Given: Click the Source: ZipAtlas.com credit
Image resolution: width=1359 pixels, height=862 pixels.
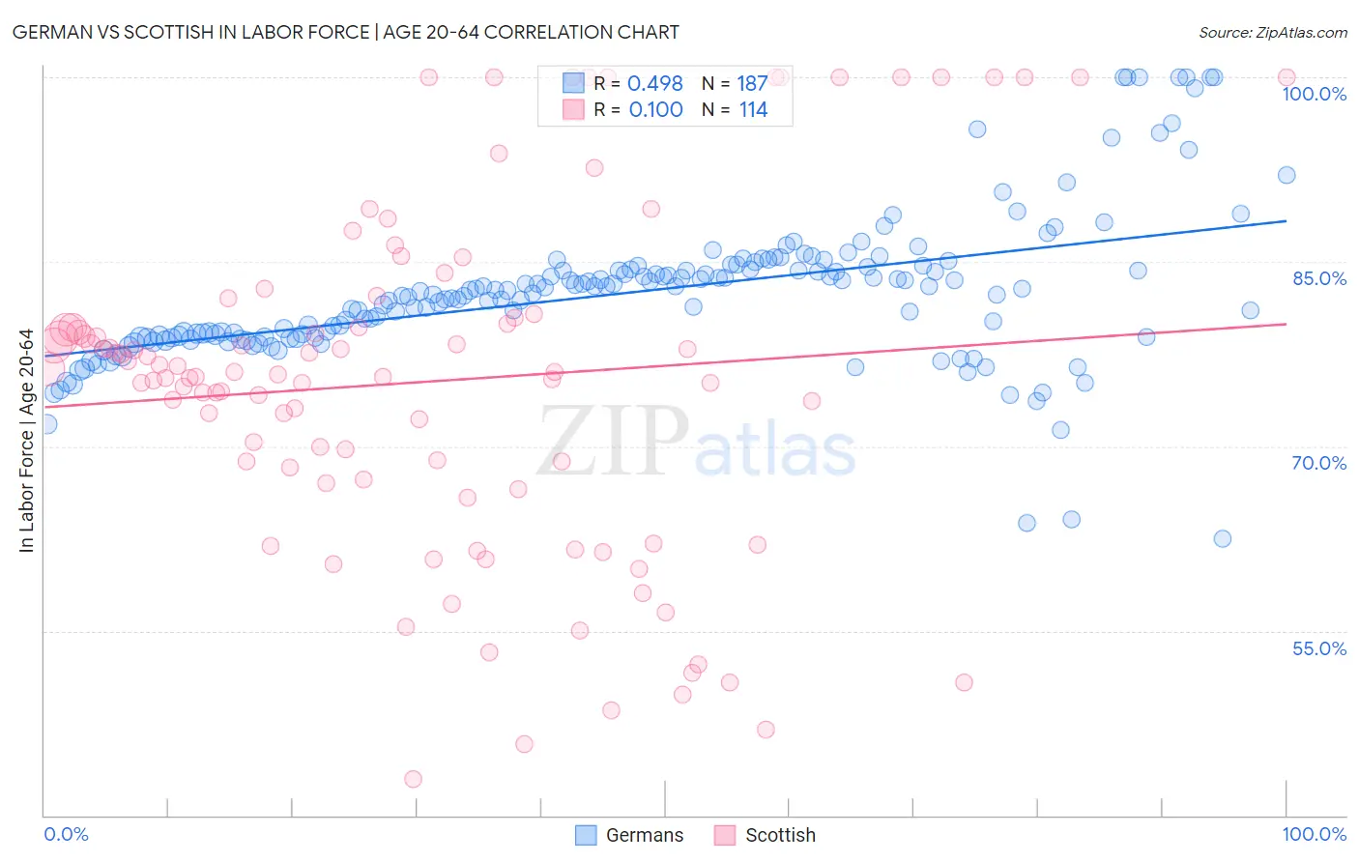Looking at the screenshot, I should (x=1272, y=32).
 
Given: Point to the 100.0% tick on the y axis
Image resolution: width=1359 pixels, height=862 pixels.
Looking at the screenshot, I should (x=1314, y=94).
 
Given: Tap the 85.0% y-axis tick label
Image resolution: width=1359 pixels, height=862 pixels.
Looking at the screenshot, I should (x=1318, y=278).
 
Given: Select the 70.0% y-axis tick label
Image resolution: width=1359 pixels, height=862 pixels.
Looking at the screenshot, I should (x=1318, y=463).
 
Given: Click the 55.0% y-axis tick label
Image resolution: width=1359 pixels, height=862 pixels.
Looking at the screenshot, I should (x=1318, y=648).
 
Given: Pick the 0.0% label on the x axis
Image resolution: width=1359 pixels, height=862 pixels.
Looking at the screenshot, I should (x=66, y=834).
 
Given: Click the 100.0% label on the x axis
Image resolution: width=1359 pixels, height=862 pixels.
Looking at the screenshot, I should (x=1314, y=834).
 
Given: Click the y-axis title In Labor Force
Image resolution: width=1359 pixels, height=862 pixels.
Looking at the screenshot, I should (x=26, y=441).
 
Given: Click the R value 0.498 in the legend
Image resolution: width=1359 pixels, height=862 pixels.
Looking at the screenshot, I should (x=654, y=84).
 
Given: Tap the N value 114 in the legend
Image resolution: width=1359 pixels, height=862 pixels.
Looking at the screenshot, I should (x=753, y=110).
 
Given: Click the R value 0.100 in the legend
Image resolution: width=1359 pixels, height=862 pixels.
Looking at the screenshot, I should (x=655, y=110).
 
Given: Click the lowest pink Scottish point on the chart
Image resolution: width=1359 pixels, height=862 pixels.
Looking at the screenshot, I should (x=413, y=779).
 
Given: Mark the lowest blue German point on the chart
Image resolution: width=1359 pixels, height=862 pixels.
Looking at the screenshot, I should (x=1222, y=538).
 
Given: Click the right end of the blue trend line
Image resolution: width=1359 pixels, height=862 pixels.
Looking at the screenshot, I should (x=1287, y=221).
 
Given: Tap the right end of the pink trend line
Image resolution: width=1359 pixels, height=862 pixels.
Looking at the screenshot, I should (x=1287, y=324).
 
